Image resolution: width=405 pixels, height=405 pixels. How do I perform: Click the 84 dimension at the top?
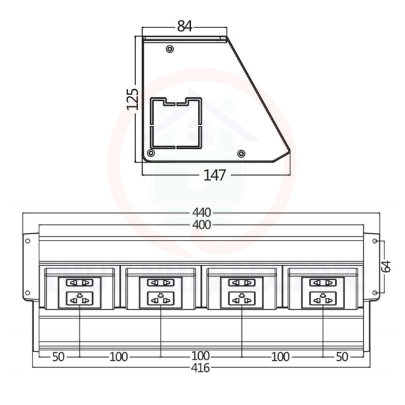click(184, 26)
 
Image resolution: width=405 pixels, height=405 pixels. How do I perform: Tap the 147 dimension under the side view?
click(215, 174)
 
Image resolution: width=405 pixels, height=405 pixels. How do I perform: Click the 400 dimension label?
click(202, 224)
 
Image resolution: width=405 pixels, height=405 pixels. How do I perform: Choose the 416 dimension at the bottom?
click(201, 368)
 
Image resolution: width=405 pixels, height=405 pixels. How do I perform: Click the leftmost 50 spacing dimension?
click(58, 356)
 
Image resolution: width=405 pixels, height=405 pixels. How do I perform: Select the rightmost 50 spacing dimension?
click(342, 356)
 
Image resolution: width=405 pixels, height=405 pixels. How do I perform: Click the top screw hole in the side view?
click(169, 49)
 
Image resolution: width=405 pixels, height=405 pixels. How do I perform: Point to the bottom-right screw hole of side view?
click(241, 153)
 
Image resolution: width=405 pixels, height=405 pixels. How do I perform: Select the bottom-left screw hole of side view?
click(150, 153)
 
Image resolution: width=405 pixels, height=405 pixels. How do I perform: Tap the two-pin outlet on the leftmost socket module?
click(79, 282)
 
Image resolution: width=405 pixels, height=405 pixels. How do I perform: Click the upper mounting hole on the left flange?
click(27, 241)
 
